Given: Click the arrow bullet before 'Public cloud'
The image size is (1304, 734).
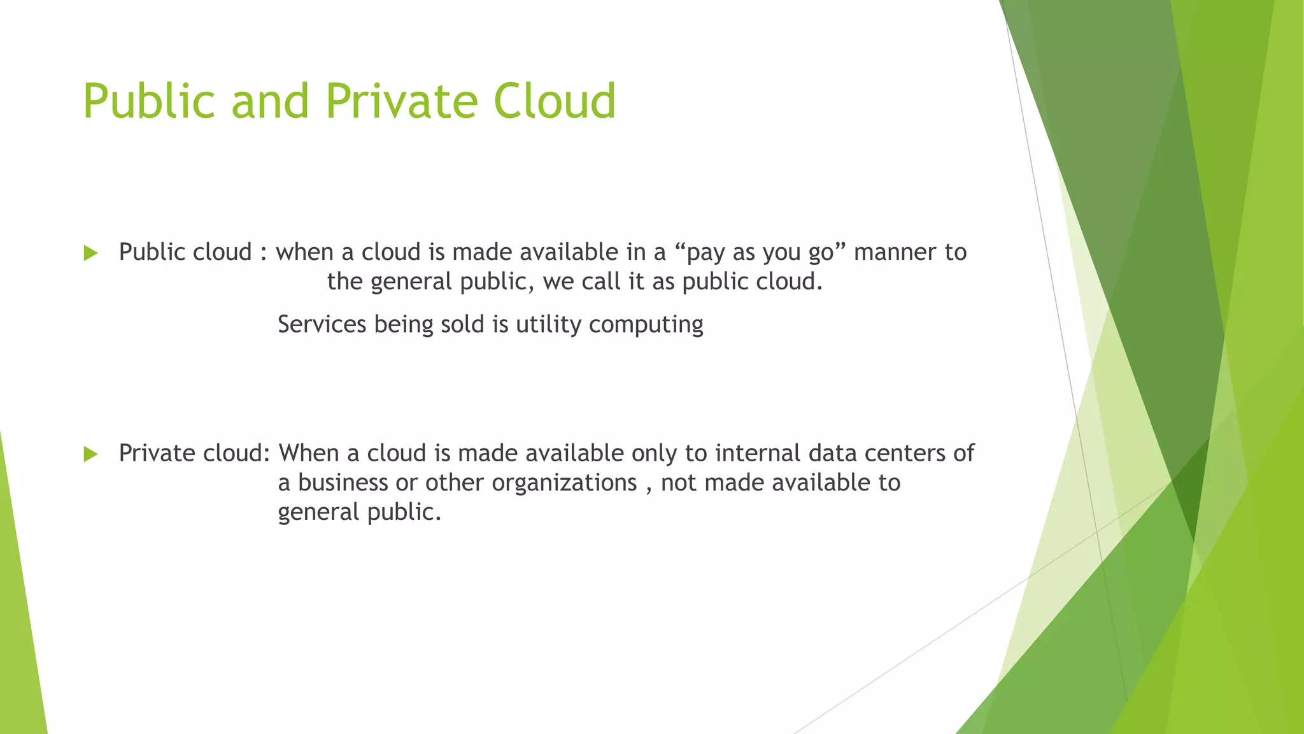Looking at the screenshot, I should pos(90,254).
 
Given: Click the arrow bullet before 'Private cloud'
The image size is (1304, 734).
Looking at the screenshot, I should pos(90,454).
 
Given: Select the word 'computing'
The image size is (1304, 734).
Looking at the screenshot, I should pos(646,326).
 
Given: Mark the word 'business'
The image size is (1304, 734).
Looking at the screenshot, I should pos(343,482).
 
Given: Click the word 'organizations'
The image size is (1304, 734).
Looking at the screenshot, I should pos(564,484).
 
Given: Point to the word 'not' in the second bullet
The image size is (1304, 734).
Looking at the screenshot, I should pos(679,482).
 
